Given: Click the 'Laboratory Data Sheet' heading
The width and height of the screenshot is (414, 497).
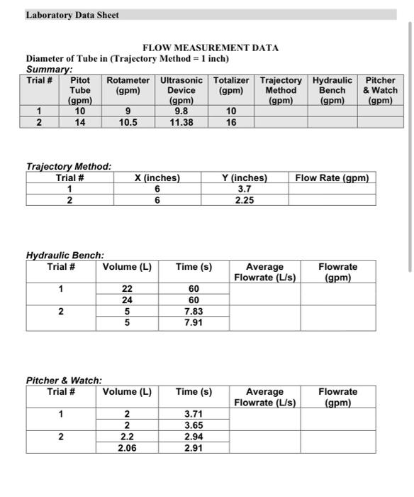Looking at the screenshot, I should click(x=72, y=15).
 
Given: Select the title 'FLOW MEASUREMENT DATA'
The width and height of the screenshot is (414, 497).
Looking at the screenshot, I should click(x=211, y=48).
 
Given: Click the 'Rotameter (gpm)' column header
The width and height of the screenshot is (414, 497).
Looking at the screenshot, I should click(x=128, y=85).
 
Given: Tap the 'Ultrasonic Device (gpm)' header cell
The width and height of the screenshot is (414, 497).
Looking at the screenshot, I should click(x=181, y=90).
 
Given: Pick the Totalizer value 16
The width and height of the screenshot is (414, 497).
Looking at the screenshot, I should click(x=231, y=122).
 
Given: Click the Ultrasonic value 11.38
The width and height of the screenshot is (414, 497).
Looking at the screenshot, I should click(x=181, y=122).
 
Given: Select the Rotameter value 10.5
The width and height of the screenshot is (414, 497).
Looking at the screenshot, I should click(x=128, y=122).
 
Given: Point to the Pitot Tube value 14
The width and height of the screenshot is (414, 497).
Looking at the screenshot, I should click(x=80, y=122).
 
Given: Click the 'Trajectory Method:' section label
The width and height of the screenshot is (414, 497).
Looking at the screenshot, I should click(x=69, y=166).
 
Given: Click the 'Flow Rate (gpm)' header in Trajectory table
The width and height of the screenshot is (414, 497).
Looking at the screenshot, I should click(x=332, y=177).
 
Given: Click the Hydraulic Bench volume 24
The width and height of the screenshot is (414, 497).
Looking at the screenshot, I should click(x=128, y=300).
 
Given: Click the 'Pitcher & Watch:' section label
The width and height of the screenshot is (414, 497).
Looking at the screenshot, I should click(x=65, y=380).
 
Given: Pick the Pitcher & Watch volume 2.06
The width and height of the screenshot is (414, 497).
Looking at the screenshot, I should click(x=128, y=448).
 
